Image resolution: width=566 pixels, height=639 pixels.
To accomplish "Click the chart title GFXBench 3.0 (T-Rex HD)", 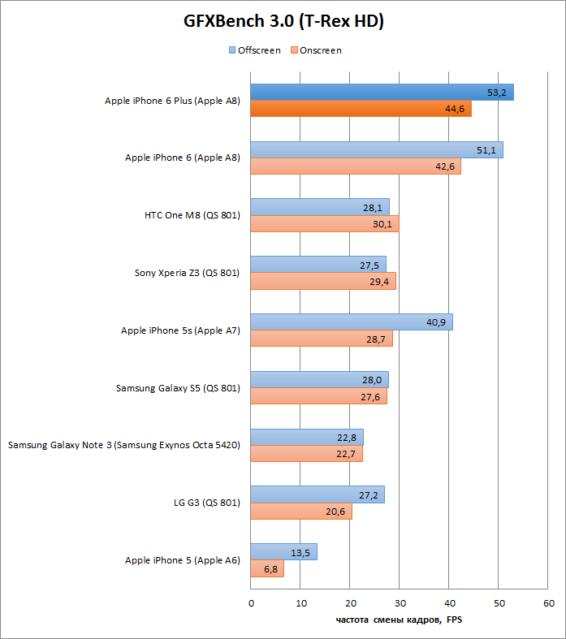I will point(283,21).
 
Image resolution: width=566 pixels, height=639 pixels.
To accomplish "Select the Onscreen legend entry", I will point(316,50).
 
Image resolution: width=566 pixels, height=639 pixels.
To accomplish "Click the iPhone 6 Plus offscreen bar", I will point(382,93).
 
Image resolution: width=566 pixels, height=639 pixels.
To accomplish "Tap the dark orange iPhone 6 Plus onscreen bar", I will point(361,109).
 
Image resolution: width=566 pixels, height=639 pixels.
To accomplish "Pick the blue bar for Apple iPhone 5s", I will point(351,322).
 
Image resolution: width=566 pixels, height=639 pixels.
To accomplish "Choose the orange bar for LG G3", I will point(300,512).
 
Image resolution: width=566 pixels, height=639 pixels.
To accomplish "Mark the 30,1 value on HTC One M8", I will point(382,224).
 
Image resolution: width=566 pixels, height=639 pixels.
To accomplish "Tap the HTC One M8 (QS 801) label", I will point(192,215).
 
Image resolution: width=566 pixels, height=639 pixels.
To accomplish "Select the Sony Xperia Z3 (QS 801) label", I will point(187,273).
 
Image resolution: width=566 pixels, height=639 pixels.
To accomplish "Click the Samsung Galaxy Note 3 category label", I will point(123,445).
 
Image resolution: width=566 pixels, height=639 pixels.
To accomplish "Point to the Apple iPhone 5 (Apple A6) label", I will point(182,560).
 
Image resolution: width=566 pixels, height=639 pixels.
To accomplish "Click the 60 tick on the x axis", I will point(549,603).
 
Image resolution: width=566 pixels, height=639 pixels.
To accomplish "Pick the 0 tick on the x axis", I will point(251,603).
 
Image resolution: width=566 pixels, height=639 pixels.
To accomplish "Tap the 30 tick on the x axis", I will point(400,603).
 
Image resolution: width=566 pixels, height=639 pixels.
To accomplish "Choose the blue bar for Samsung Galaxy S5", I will point(319,380).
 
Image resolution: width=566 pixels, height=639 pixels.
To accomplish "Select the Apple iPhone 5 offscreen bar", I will point(283,552).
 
